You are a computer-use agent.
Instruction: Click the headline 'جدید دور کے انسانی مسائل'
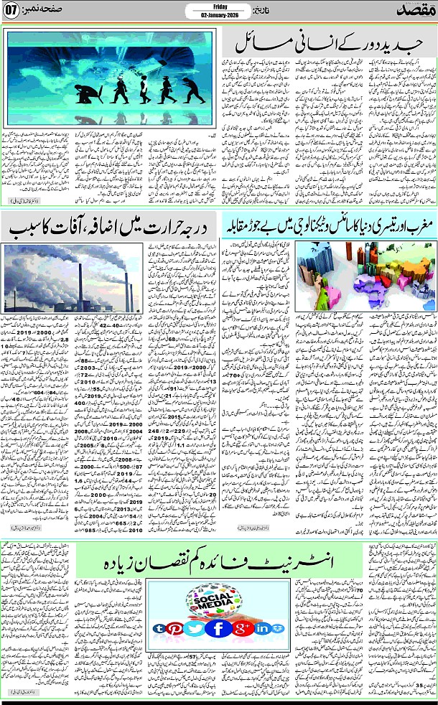pos(323,47)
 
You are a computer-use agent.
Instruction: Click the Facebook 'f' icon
pos(218,629)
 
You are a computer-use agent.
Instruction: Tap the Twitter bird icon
pos(194,629)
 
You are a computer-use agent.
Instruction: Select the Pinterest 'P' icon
pos(175,630)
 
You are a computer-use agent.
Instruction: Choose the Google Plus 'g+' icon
pos(241,629)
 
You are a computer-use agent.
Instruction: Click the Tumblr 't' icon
pos(159,630)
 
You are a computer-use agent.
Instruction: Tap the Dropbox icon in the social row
pos(277,630)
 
